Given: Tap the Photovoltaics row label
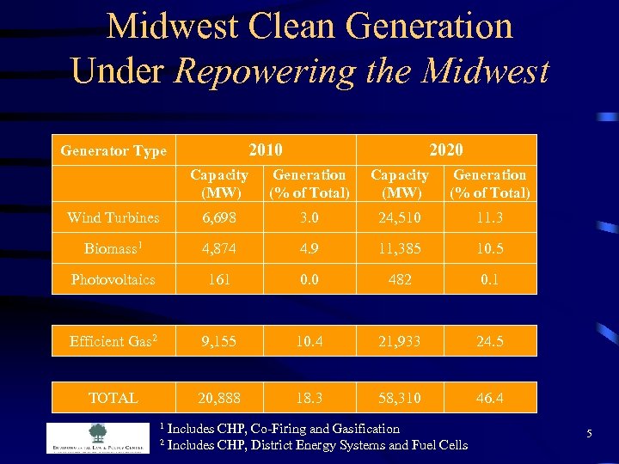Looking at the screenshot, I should point(113,280).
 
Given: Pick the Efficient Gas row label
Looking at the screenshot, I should point(113,341).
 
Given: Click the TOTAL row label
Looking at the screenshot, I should point(113,398).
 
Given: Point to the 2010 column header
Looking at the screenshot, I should point(265,150).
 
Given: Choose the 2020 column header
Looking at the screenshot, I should point(445,150).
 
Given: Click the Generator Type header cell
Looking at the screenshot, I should point(113,151).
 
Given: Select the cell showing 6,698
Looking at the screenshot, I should point(219,217).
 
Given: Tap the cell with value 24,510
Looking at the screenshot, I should point(400,217).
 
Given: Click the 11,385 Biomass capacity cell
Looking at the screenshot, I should point(400,248).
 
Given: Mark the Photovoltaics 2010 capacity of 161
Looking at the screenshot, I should point(219,280).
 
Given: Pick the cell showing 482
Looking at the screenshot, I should point(400,280).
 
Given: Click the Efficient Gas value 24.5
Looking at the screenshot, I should point(490,341).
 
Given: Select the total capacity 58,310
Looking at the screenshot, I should point(400,398).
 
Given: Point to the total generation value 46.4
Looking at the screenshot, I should point(490,398).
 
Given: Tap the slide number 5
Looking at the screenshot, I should point(589,435).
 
